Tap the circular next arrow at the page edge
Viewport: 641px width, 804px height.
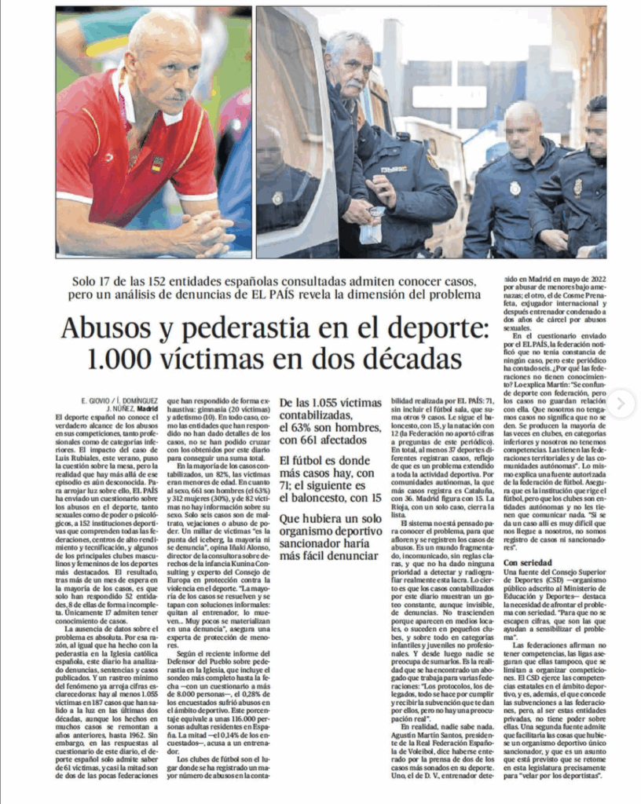pyautogui.click(x=621, y=404)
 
